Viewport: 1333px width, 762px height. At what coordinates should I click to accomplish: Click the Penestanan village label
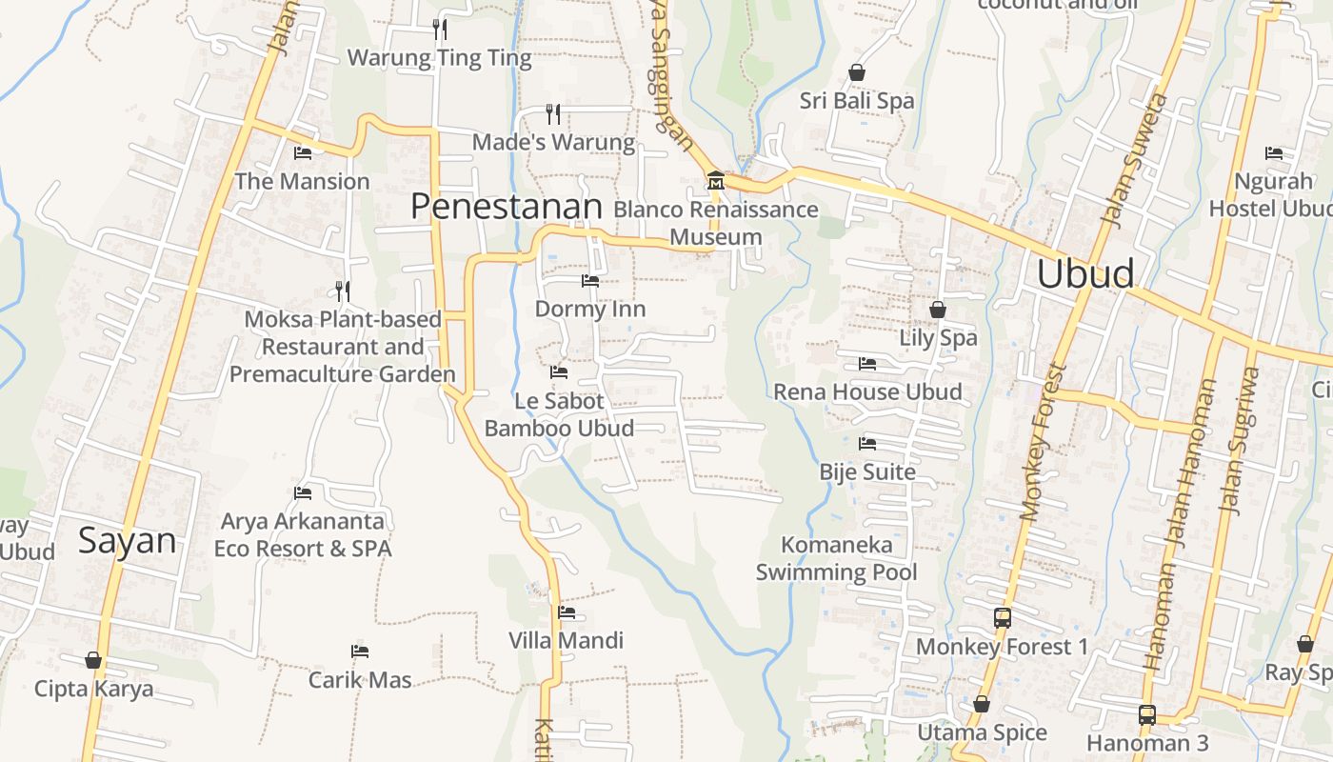(x=507, y=207)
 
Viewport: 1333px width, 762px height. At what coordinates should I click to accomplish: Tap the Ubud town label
(x=1085, y=273)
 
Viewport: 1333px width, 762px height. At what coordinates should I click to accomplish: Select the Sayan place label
(x=127, y=540)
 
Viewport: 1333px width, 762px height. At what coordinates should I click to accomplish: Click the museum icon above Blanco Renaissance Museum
(x=715, y=180)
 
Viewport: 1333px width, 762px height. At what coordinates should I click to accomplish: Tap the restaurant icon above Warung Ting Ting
(x=439, y=29)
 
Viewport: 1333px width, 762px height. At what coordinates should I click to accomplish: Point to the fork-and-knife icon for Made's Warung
(x=553, y=114)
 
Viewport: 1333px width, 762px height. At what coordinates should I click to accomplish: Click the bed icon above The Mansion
(x=303, y=152)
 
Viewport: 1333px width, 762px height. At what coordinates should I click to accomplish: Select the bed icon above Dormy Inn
(x=590, y=281)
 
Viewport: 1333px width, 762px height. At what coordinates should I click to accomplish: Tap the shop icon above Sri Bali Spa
(x=857, y=72)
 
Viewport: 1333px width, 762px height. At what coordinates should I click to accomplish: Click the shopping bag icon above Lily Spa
(x=938, y=310)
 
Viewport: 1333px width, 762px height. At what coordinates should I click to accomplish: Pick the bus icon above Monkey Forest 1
(x=1002, y=617)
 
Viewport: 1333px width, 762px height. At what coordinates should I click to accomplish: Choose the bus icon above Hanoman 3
(x=1147, y=714)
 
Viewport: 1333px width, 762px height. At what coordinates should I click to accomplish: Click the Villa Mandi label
(x=566, y=640)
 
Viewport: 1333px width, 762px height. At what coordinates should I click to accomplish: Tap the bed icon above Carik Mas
(x=360, y=652)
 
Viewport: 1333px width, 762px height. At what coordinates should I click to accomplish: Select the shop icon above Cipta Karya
(x=93, y=660)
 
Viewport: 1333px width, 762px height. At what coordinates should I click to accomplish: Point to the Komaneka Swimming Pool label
(x=837, y=558)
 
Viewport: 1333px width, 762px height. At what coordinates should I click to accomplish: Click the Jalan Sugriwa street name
(x=1244, y=440)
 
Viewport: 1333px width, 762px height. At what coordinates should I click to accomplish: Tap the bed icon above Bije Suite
(x=866, y=444)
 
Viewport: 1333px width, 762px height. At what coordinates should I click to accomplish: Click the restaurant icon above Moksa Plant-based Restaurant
(x=343, y=291)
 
